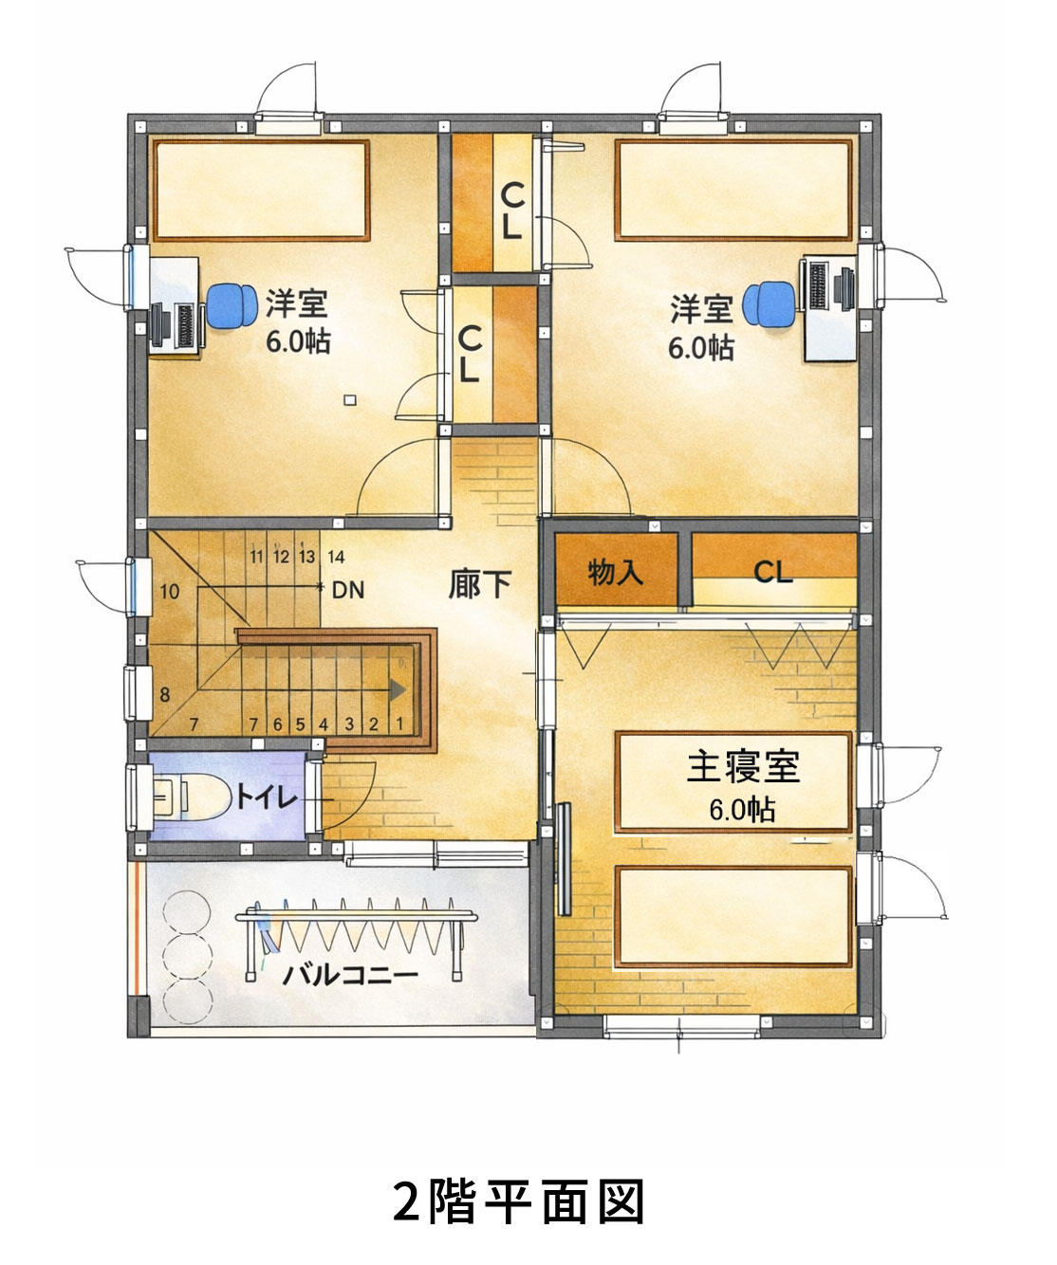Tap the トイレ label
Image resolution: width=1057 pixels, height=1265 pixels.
click(x=268, y=797)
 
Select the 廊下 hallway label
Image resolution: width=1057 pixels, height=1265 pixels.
click(x=480, y=584)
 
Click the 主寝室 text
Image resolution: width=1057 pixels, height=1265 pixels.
click(x=744, y=766)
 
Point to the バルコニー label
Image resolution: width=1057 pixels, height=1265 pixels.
click(x=350, y=976)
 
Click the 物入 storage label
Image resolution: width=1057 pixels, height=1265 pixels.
click(x=615, y=572)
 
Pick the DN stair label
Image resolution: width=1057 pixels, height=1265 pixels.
click(x=348, y=590)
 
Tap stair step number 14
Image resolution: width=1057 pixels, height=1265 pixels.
click(x=337, y=556)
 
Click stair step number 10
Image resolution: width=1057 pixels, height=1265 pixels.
click(x=170, y=591)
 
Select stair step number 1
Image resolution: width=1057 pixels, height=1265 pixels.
click(x=399, y=723)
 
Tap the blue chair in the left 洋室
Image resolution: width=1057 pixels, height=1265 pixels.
click(x=232, y=306)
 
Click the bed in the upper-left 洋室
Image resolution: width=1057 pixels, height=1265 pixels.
click(x=261, y=191)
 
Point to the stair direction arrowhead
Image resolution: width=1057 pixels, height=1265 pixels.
click(x=398, y=689)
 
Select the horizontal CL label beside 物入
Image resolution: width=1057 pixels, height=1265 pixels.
click(x=773, y=571)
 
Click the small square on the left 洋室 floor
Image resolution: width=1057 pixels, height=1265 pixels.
click(x=350, y=400)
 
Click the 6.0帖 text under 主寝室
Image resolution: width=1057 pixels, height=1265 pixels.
click(x=742, y=810)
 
